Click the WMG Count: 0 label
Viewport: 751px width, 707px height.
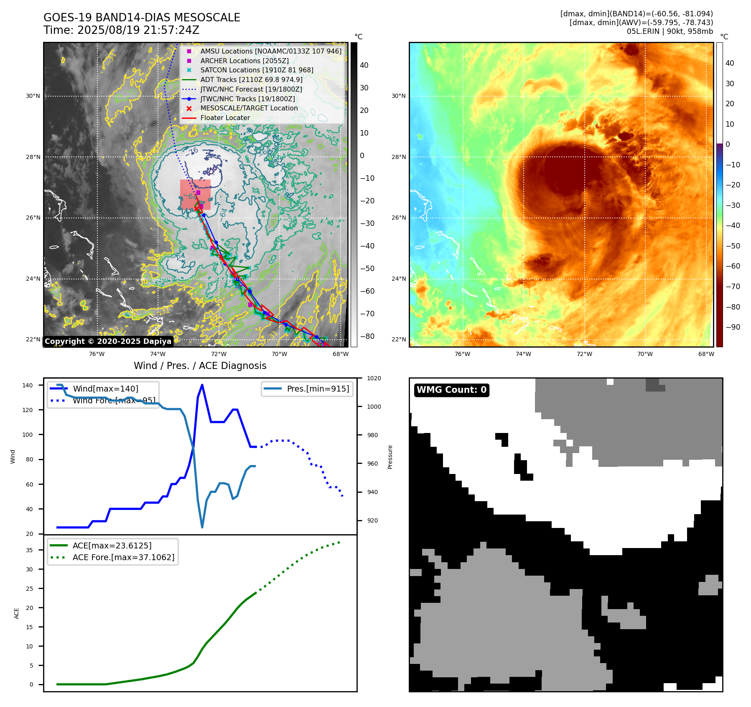[x=451, y=390]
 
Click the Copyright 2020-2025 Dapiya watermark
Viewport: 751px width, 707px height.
[x=108, y=341]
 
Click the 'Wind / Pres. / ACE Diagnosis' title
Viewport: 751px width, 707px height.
[x=200, y=366]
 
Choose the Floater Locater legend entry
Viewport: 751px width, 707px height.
[x=225, y=118]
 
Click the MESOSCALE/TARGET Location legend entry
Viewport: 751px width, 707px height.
[x=249, y=108]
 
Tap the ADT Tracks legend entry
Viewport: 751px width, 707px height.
[x=251, y=80]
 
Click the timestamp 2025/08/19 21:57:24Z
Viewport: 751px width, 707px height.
[x=138, y=31]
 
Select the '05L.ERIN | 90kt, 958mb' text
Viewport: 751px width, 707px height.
[x=670, y=31]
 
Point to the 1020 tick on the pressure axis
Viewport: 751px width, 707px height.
[x=374, y=379]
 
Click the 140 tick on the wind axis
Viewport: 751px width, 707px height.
[x=28, y=385]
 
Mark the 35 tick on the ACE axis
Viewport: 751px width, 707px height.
[x=29, y=550]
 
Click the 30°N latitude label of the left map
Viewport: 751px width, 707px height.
[x=33, y=96]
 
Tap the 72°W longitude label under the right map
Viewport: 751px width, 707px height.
[x=584, y=354]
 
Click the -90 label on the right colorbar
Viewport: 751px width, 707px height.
[x=733, y=327]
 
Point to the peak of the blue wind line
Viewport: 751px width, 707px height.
[x=202, y=385]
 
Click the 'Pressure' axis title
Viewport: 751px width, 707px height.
[x=390, y=457]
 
